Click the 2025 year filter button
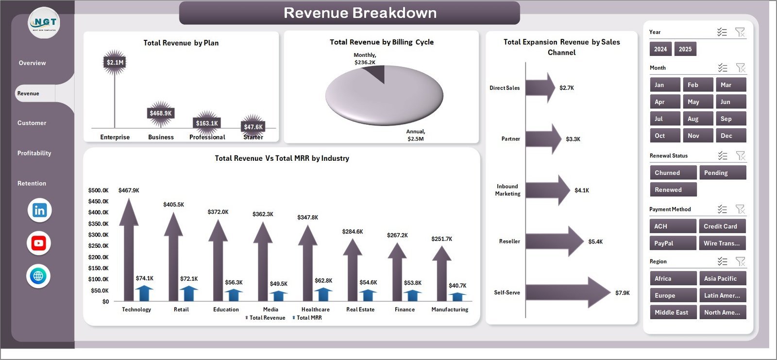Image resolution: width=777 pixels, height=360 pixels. tap(685, 49)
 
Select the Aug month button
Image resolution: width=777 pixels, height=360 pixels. tap(698, 119)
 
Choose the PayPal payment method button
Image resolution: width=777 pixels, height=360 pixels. tap(673, 243)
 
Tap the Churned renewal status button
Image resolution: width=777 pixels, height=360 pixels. tap(673, 173)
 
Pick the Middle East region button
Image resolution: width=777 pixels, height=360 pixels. tap(673, 312)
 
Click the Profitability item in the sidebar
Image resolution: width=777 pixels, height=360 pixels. tap(34, 153)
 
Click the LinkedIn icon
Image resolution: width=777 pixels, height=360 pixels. tap(39, 210)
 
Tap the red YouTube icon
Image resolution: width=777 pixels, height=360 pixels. tap(39, 243)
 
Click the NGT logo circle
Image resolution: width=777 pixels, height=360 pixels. tap(44, 23)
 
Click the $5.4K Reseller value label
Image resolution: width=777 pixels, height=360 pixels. tap(595, 241)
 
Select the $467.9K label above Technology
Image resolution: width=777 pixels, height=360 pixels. tap(129, 190)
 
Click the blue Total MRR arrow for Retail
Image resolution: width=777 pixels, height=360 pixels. tap(188, 293)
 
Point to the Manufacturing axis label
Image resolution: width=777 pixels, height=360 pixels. tap(450, 309)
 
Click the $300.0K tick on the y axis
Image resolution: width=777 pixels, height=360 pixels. tap(98, 235)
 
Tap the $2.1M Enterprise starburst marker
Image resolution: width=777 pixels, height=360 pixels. tap(115, 62)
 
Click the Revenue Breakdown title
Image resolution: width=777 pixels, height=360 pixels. tap(360, 13)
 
